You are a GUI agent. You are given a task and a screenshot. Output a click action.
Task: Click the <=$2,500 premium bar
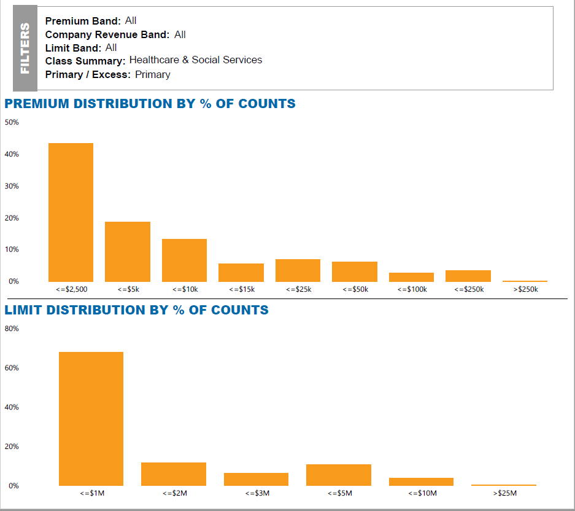71,213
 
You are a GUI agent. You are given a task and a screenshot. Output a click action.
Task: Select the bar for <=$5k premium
128,252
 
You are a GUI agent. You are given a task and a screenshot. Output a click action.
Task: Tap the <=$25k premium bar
298,270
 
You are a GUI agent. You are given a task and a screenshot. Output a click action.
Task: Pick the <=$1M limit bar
91,419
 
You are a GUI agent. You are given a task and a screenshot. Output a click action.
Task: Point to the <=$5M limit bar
339,475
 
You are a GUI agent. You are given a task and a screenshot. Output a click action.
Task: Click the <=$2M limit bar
174,474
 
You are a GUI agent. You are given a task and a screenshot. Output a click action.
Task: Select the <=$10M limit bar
421,482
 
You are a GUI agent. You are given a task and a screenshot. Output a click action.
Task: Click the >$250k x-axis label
525,289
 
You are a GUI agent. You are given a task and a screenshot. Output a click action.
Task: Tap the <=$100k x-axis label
412,289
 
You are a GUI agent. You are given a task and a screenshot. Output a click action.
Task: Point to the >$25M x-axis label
504,493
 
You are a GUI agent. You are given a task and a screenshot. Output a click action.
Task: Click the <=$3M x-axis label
257,493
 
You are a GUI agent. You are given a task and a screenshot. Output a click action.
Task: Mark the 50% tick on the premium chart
12,122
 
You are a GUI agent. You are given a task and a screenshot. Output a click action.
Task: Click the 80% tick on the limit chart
12,329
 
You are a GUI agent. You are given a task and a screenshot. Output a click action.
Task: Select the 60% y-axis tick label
12,368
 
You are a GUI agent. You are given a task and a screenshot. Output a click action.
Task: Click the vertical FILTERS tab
25,48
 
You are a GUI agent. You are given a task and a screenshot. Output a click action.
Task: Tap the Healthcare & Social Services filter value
196,60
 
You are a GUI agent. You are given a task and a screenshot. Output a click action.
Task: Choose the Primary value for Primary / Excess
153,75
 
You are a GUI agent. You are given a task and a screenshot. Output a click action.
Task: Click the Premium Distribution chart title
150,104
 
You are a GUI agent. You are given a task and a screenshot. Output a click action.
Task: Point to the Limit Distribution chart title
137,310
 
